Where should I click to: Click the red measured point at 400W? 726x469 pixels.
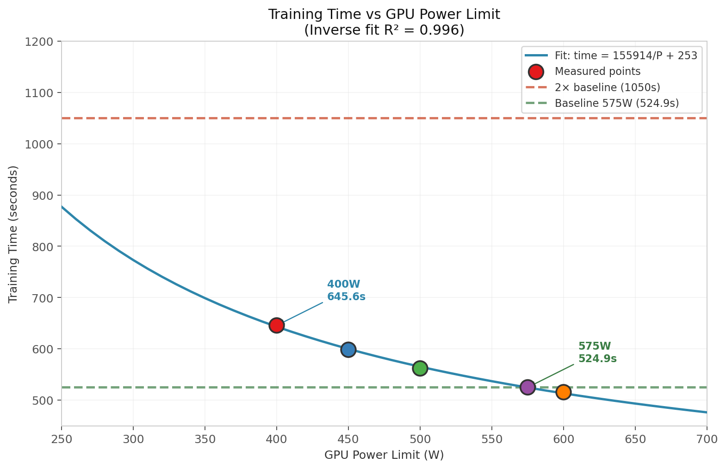point(276,325)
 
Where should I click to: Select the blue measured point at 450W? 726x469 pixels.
point(348,350)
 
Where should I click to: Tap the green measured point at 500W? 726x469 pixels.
point(420,368)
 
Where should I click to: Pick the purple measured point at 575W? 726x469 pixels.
point(527,387)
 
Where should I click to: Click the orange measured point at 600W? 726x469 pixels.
point(564,392)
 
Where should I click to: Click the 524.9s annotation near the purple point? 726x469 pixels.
point(598,358)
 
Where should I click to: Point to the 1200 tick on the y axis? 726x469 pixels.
point(39,42)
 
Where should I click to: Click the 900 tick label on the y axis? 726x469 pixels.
point(43,195)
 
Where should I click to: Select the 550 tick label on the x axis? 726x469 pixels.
point(492,439)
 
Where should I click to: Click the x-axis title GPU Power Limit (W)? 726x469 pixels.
point(384,455)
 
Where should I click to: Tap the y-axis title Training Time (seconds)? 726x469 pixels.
point(13,234)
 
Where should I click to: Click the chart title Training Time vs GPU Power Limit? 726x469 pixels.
point(384,15)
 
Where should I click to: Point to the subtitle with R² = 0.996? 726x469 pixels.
point(384,30)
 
